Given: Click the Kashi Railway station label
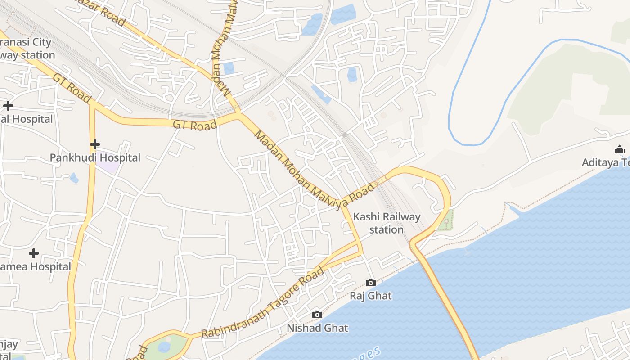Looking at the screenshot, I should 387,223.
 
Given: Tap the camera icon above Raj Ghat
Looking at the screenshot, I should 371,283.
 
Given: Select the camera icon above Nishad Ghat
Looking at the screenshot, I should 317,315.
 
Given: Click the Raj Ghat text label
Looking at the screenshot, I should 371,296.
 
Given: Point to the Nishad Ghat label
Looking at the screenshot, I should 318,328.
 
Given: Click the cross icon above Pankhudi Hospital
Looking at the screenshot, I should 94,144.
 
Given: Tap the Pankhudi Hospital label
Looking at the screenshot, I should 95,157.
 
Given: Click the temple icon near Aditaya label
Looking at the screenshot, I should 620,149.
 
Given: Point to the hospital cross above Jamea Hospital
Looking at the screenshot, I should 33,253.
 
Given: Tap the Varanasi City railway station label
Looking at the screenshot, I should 27,49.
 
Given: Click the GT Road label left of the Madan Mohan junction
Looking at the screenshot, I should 195,125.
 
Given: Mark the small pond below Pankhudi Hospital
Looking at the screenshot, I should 74,179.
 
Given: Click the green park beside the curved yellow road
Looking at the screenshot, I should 446,221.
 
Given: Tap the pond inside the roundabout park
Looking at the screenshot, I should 164,347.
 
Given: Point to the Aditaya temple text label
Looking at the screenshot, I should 606,162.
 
